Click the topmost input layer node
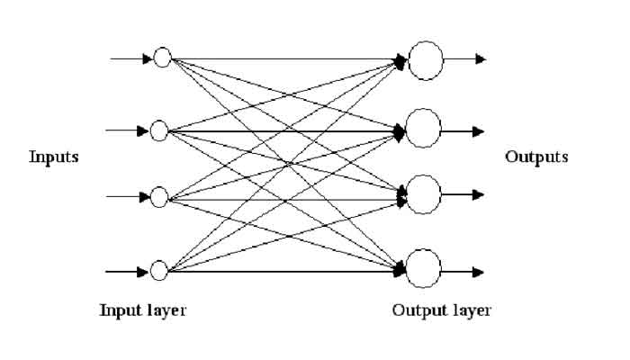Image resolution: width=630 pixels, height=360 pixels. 162,58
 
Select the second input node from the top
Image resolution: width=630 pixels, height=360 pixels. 160,130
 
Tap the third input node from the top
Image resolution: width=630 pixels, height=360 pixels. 160,196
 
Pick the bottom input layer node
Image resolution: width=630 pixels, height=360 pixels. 160,270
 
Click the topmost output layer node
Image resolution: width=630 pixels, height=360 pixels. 425,58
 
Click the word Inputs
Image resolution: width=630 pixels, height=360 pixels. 54,157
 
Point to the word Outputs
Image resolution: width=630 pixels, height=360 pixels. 536,157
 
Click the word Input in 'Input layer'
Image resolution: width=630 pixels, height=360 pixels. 119,311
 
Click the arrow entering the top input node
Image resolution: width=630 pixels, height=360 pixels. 130,59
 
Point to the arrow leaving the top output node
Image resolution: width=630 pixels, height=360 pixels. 465,59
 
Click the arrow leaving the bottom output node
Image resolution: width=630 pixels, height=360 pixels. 465,271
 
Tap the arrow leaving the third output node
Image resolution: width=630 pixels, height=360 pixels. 465,194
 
